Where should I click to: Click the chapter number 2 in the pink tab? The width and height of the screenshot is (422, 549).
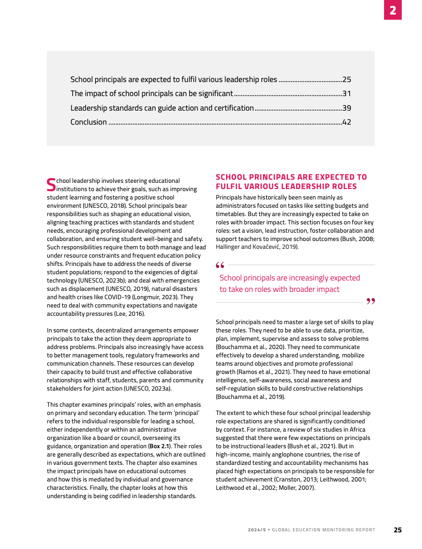tap(392, 10)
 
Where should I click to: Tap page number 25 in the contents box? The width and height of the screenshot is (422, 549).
tap(347, 80)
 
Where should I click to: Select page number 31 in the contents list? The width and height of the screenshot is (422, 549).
tap(347, 94)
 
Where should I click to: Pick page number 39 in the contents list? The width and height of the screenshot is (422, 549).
tap(347, 108)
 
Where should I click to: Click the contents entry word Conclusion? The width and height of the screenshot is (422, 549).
tap(88, 122)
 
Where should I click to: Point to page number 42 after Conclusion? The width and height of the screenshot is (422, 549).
tap(347, 122)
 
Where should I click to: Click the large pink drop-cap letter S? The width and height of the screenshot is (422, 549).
tap(51, 184)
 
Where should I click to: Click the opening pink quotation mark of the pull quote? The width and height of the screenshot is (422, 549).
tap(220, 265)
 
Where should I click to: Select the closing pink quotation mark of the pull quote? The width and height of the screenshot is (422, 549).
tap(371, 301)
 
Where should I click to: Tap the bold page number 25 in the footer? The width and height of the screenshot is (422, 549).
tap(398, 530)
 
